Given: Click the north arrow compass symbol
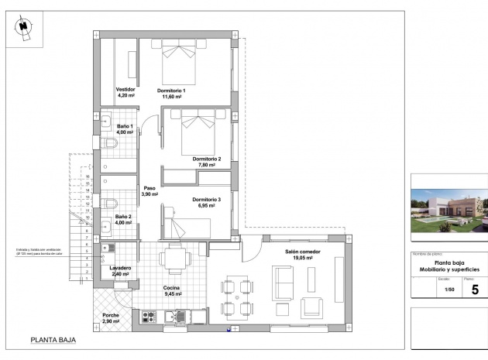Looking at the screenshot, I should (24, 26).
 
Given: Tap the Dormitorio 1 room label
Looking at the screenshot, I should (171, 91).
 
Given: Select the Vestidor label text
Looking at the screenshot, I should (125, 90).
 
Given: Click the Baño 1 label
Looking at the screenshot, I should (125, 126).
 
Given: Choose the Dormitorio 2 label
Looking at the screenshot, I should (207, 159).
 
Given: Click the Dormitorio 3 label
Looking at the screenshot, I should (207, 201).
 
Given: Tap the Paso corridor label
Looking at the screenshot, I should (149, 188).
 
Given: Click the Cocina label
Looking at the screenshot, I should (172, 288).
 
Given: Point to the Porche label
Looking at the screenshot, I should (111, 315).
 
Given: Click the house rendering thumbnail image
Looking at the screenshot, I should (448, 210).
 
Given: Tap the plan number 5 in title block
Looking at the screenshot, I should (474, 290).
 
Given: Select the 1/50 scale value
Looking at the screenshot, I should (448, 290).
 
